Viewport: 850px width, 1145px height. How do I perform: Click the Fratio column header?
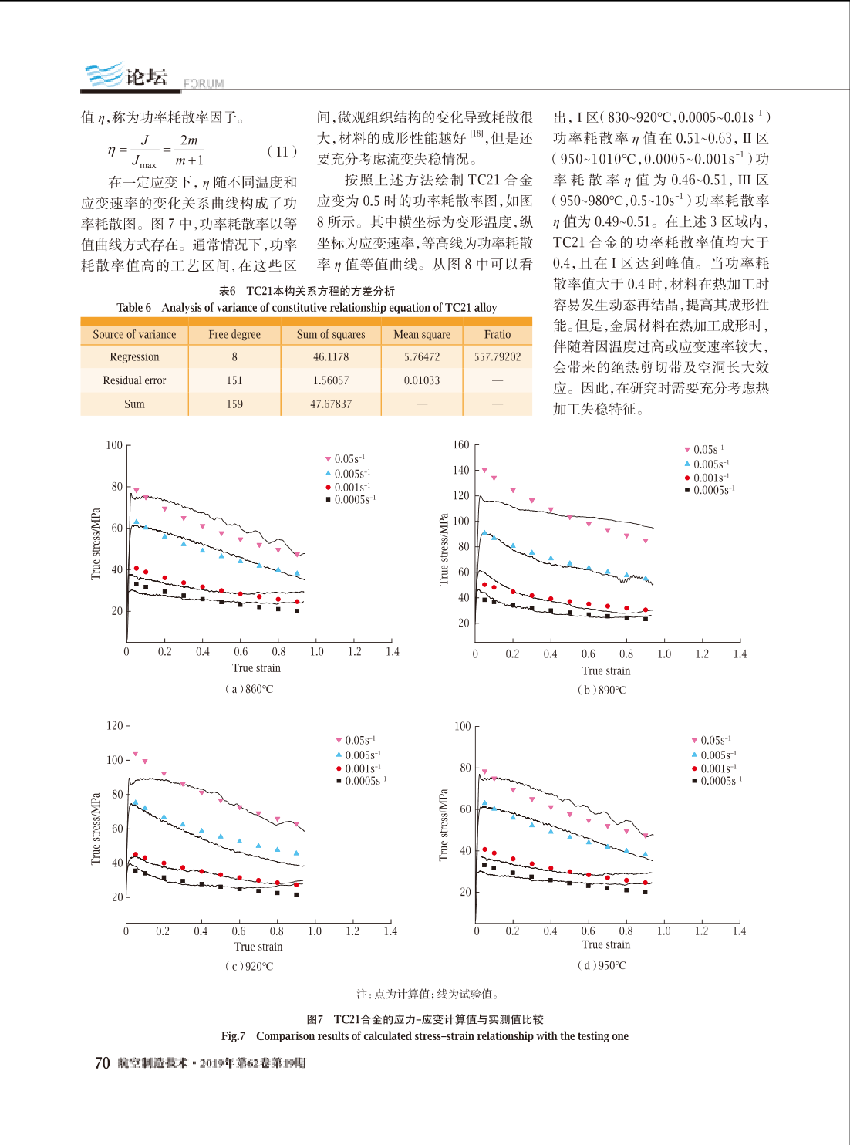click(x=497, y=334)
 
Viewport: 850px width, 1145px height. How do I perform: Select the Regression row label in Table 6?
click(x=134, y=356)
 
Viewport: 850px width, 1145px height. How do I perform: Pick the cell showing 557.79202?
click(x=497, y=356)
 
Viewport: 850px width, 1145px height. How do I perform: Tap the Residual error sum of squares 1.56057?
click(x=330, y=380)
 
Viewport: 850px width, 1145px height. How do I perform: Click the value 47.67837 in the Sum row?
click(x=330, y=404)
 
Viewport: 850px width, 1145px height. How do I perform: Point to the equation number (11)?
click(x=282, y=151)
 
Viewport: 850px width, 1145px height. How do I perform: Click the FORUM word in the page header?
click(x=204, y=83)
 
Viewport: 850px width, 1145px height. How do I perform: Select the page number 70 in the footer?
click(x=102, y=1063)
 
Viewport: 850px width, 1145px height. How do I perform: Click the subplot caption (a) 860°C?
click(x=249, y=689)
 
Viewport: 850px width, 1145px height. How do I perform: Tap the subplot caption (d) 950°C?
click(x=602, y=964)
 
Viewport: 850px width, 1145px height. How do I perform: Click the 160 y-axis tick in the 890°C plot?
click(x=460, y=444)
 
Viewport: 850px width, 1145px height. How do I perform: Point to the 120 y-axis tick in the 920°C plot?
click(x=115, y=725)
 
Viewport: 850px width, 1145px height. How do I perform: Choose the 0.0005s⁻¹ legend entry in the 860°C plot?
click(x=350, y=499)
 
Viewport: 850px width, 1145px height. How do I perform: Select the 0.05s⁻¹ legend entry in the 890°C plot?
click(x=704, y=450)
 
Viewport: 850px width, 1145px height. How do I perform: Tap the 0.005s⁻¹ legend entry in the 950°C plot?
click(x=714, y=755)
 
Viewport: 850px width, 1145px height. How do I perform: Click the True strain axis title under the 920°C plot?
click(x=258, y=946)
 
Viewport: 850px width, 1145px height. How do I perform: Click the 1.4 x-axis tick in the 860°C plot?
click(x=393, y=651)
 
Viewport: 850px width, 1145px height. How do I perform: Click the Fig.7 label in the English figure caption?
click(x=233, y=1035)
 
